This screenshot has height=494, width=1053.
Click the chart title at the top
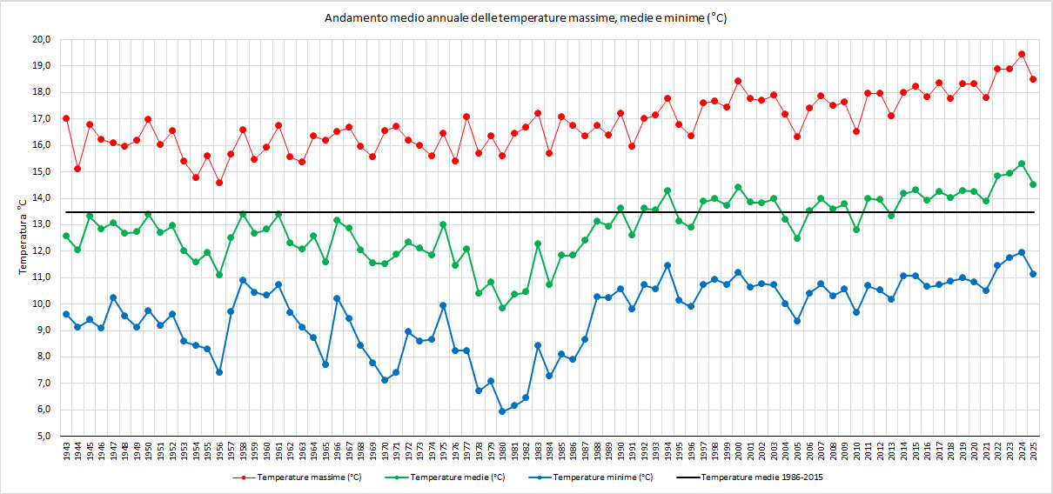click(x=526, y=18)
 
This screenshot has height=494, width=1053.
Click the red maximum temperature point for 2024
click(x=1021, y=54)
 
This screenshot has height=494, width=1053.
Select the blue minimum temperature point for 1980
click(x=502, y=411)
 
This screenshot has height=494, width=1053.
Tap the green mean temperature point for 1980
click(x=502, y=308)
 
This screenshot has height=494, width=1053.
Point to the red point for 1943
click(x=66, y=118)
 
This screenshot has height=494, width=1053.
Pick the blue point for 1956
click(x=219, y=372)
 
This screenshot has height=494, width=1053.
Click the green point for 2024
click(x=1021, y=164)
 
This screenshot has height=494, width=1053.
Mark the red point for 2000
click(x=738, y=81)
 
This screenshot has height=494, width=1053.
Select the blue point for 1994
click(x=667, y=265)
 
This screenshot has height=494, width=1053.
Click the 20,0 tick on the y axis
click(x=43, y=39)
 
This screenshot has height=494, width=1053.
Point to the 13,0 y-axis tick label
click(x=43, y=224)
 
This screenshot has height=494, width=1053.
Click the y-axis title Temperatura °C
click(x=23, y=237)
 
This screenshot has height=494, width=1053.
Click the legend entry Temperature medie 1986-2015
click(x=761, y=477)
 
